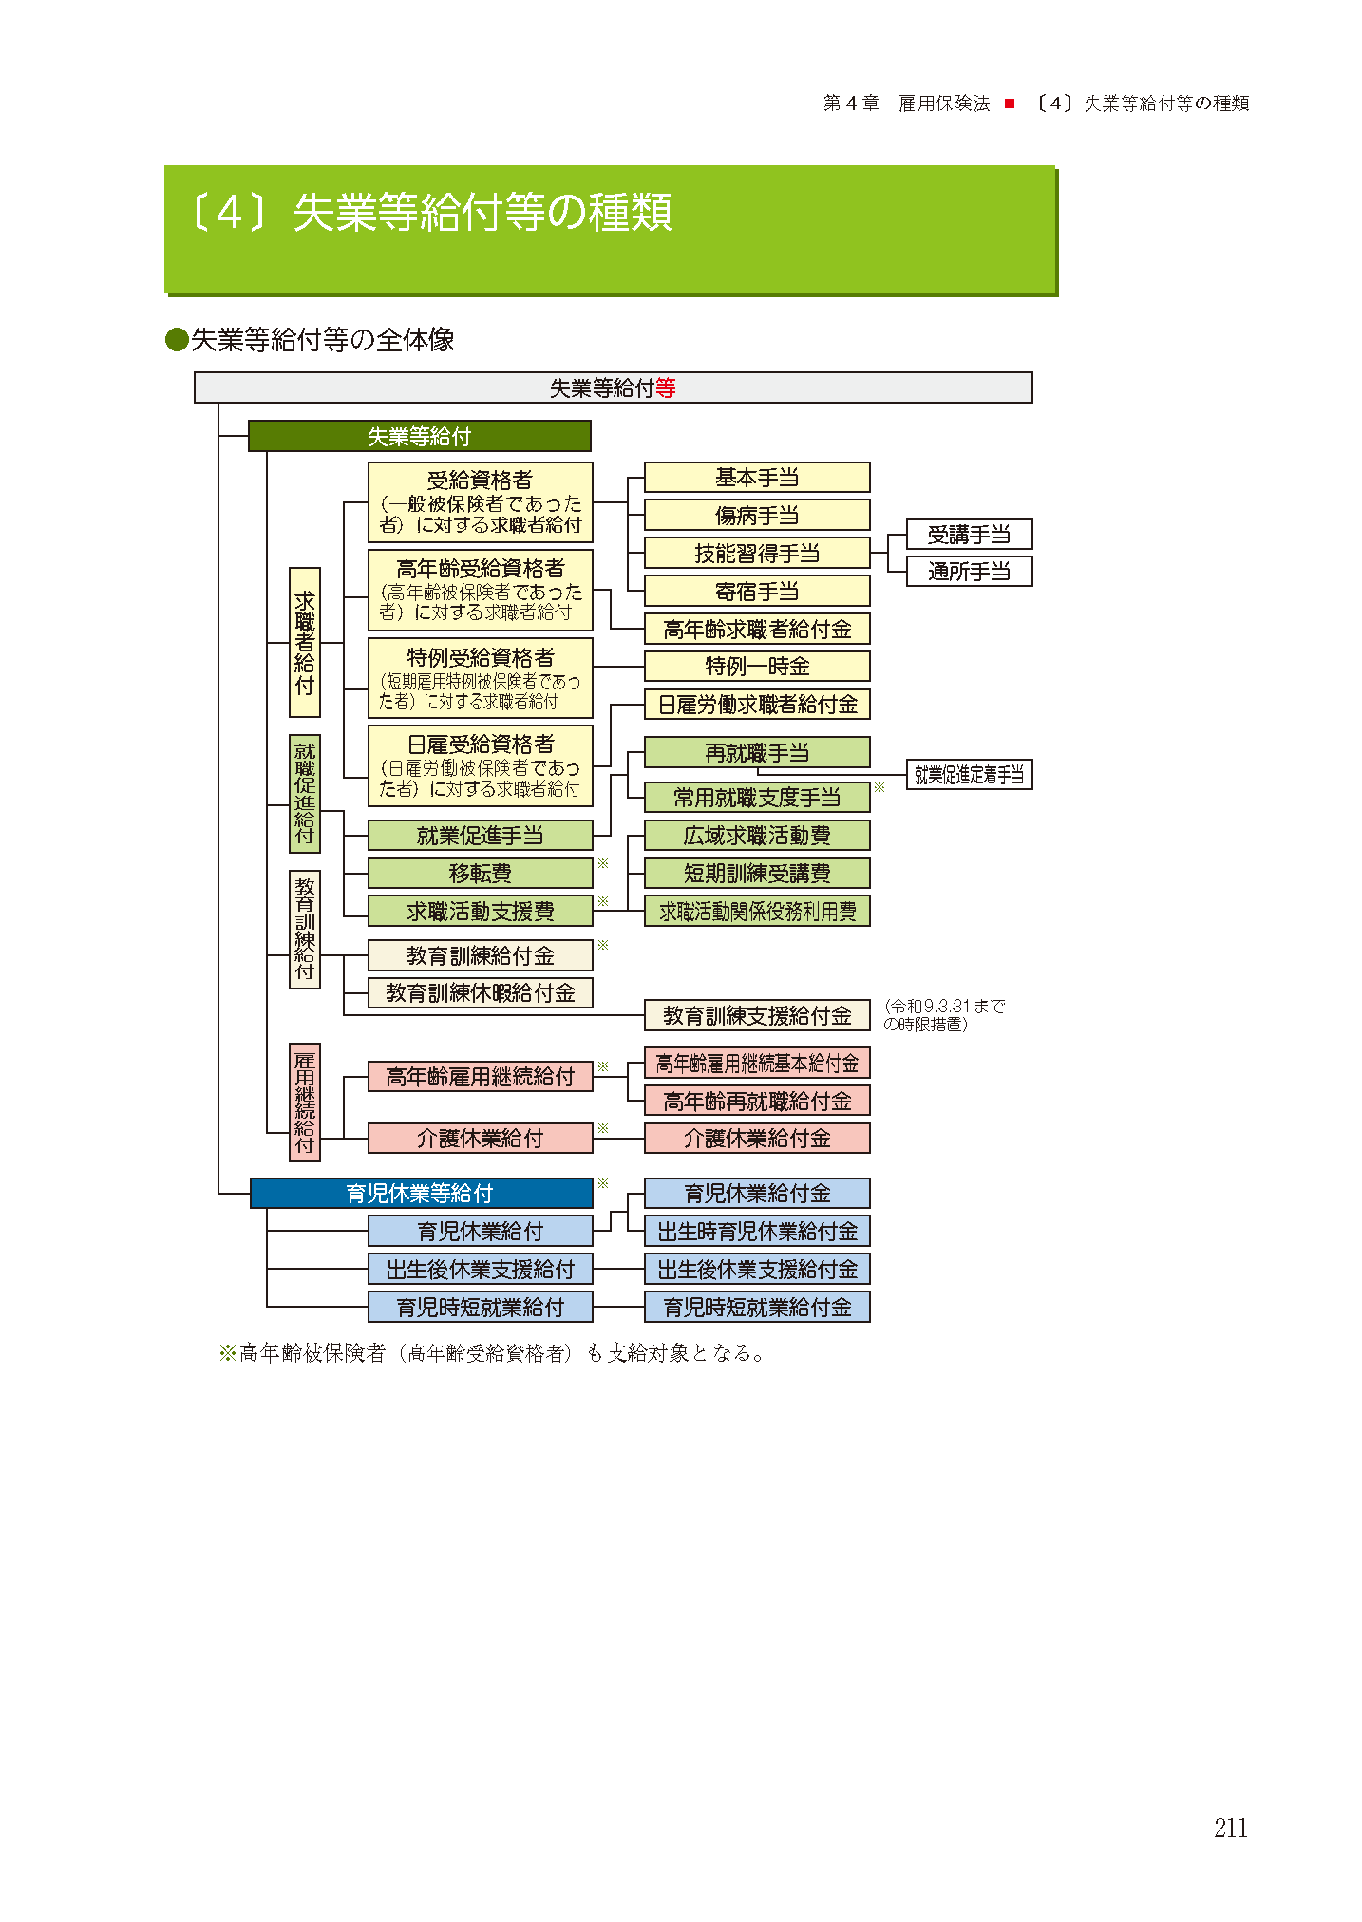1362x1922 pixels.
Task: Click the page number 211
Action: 1230,1827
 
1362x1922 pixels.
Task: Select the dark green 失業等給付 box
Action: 419,436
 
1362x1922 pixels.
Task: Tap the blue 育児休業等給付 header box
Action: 421,1193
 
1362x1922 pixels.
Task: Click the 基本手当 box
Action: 757,478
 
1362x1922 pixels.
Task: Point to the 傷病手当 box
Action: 757,515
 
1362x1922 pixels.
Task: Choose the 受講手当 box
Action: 969,535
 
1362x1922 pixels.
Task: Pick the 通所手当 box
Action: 969,571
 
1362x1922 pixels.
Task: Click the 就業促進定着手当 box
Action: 969,775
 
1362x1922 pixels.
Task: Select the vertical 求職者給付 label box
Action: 305,642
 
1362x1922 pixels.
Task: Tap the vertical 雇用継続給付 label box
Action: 305,1102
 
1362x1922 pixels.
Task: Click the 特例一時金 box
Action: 757,666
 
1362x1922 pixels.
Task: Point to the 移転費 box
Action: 480,873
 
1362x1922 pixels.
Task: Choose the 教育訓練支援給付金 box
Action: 757,1015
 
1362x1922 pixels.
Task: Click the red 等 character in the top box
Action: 666,387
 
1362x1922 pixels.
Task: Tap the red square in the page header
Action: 1010,104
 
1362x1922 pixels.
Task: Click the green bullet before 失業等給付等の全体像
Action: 177,340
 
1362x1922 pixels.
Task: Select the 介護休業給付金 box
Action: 757,1138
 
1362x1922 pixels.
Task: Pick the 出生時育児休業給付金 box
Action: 757,1231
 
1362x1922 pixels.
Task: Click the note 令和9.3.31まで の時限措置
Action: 943,1014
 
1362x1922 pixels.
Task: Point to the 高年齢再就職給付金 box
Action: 757,1101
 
